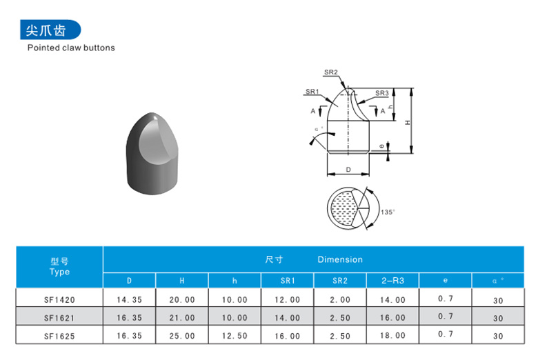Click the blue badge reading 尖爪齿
point(50,30)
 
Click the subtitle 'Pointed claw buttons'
point(71,48)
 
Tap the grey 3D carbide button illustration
point(152,153)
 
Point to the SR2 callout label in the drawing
point(331,72)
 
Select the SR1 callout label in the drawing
point(312,92)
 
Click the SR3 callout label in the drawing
point(381,93)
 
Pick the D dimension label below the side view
point(348,170)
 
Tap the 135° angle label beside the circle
point(388,212)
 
